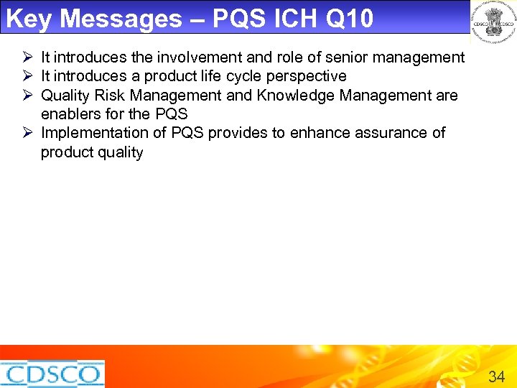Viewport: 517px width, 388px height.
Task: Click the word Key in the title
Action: click(29, 19)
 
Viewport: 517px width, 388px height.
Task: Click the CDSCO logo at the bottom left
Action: click(52, 374)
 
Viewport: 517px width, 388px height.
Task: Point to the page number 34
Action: click(496, 376)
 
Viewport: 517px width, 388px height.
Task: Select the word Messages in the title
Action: click(121, 19)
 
